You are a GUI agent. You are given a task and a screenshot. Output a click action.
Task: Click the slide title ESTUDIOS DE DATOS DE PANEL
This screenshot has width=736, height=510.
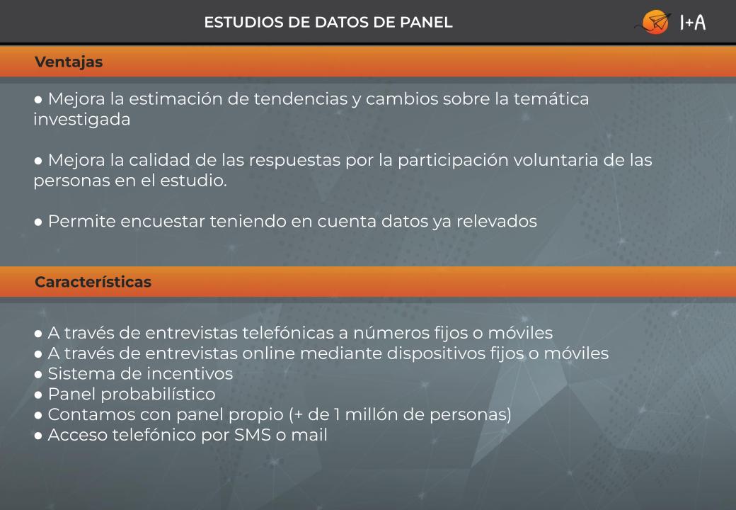328,22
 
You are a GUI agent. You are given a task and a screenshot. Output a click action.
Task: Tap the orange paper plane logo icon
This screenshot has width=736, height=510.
655,22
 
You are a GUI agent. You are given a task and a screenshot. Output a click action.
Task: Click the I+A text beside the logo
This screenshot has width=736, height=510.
693,22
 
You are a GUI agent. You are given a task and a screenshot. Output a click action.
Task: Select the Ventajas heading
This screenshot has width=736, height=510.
69,62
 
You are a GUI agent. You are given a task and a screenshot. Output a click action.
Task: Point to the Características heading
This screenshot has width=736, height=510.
93,282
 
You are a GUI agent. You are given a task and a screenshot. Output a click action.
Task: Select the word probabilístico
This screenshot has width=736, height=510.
159,395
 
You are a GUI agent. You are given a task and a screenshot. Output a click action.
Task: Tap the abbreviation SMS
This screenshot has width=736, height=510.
253,435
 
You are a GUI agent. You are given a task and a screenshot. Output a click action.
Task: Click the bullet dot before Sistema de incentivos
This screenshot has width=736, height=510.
38,375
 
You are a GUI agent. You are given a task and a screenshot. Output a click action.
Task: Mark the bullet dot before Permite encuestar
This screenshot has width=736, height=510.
38,222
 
